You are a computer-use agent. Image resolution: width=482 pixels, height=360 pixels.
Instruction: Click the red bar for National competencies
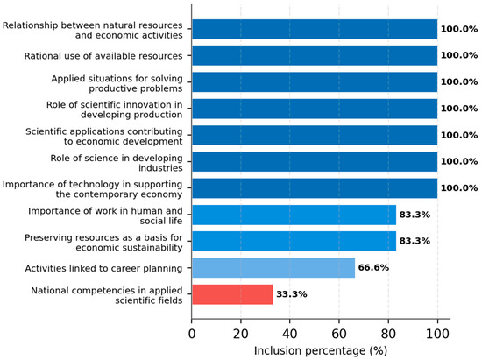tap(233, 294)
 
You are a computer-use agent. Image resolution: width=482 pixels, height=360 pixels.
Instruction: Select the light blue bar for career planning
tap(273, 268)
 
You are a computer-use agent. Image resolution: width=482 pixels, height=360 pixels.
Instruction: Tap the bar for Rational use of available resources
tap(315, 55)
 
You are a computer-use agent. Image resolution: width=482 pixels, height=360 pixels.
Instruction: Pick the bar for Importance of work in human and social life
tap(294, 215)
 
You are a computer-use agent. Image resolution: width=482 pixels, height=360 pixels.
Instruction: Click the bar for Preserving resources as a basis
tap(294, 241)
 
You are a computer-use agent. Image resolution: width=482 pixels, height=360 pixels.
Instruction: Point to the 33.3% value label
tap(292, 294)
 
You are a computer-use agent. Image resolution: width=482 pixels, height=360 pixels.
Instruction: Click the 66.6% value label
tap(373, 267)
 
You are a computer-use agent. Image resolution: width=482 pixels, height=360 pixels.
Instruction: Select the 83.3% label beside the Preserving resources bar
tap(415, 241)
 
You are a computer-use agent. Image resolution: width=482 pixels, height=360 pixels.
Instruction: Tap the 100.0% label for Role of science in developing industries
tap(459, 161)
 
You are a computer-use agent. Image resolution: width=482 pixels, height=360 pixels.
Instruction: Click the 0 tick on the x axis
tap(192, 334)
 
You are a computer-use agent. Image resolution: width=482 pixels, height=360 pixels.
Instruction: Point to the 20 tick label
tap(241, 334)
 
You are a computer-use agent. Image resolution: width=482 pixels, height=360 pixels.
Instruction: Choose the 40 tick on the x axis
tap(289, 334)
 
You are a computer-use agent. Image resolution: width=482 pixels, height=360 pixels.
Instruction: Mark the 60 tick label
tap(339, 334)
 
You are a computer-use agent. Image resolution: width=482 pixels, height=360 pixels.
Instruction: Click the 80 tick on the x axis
tap(388, 334)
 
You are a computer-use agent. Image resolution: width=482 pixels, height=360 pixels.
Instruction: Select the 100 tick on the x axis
tap(437, 334)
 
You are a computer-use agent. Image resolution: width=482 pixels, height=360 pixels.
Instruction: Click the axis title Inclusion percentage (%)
tap(321, 350)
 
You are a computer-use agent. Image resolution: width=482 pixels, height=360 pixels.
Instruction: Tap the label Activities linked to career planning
tap(103, 268)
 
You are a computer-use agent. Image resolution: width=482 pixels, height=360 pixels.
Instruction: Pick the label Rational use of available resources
tap(103, 56)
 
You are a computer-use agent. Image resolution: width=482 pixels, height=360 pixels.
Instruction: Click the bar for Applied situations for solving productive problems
tap(315, 82)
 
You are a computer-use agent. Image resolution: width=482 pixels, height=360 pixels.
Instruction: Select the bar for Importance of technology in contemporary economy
tap(315, 188)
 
